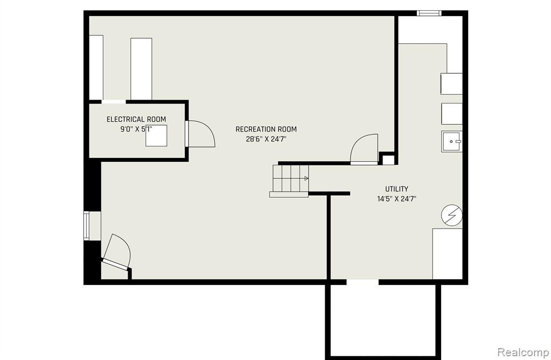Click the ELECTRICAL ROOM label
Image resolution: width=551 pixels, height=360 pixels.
(x=136, y=119)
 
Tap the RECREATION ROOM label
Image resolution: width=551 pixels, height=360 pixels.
(x=266, y=129)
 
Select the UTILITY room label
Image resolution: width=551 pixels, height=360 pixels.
(x=397, y=189)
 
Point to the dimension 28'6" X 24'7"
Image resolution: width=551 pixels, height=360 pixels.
(x=266, y=139)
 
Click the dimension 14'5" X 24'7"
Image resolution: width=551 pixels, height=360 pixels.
(x=397, y=199)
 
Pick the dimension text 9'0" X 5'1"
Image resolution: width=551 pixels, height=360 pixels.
(x=136, y=129)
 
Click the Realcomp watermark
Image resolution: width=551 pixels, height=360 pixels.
(x=523, y=352)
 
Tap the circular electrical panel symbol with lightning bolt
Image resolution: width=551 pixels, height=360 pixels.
(x=452, y=215)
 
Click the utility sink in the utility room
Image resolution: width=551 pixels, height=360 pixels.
(x=452, y=141)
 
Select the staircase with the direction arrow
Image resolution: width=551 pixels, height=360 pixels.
(x=289, y=181)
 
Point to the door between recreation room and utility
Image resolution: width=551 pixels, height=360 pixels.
(x=365, y=149)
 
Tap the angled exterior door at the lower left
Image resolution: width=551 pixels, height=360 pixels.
(x=116, y=252)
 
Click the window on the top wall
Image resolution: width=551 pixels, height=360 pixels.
(x=429, y=13)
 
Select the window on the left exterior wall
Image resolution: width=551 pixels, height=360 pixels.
(x=86, y=225)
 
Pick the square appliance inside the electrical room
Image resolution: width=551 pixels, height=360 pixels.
(x=156, y=135)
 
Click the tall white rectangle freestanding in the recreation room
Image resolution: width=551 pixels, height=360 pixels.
(x=141, y=69)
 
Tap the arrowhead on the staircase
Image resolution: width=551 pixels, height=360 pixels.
(x=306, y=178)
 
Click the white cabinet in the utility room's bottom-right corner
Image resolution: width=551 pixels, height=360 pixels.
(x=448, y=254)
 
